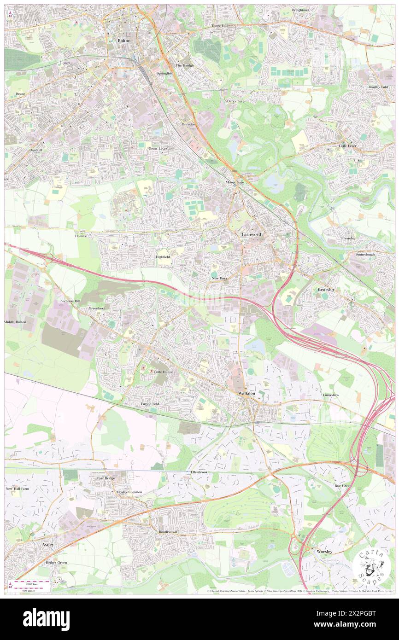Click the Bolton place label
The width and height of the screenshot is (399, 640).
[x=124, y=41]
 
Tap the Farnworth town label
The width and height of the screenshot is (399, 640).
[x=252, y=234]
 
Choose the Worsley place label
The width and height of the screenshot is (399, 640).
[x=324, y=551]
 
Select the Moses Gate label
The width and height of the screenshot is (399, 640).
[x=235, y=182]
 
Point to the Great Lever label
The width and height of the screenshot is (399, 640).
[x=158, y=149]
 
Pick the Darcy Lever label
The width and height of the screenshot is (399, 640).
[x=236, y=100]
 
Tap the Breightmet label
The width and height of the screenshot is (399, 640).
[x=300, y=10]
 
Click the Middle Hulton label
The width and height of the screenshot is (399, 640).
[x=16, y=322]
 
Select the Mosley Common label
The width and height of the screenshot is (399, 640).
[x=129, y=492]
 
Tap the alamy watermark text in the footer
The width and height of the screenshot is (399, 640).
[x=46, y=619]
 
